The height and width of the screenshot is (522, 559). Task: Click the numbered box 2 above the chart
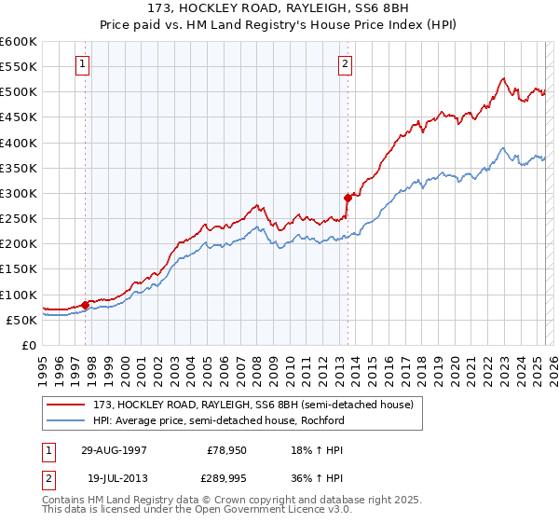click(345, 64)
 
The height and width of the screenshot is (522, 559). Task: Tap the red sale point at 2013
click(348, 198)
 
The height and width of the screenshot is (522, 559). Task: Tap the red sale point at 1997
click(86, 305)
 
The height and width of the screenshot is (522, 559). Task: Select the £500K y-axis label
click(19, 92)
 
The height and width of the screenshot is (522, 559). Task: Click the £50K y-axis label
click(21, 320)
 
